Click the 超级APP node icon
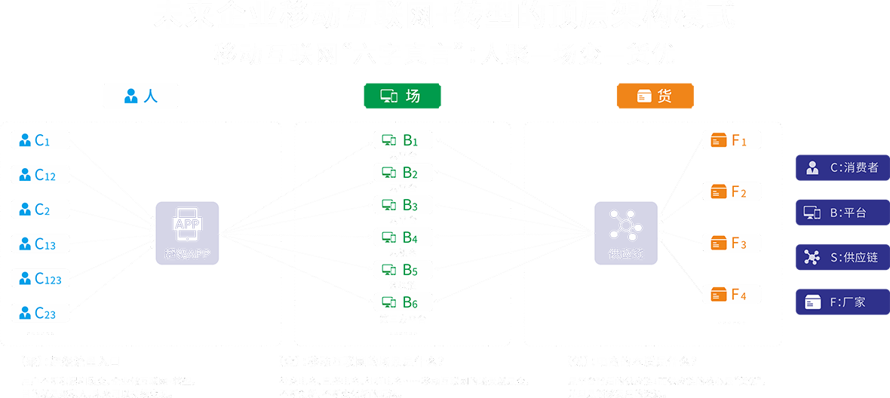click(x=187, y=232)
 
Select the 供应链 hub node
click(x=625, y=232)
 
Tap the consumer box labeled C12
click(x=40, y=175)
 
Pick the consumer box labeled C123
click(x=40, y=278)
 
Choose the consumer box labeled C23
click(x=40, y=313)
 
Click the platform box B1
click(x=404, y=139)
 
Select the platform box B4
click(x=404, y=237)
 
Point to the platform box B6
click(x=404, y=302)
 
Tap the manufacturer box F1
click(x=731, y=140)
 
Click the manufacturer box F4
click(x=731, y=294)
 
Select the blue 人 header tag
click(x=141, y=96)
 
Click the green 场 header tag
click(x=402, y=96)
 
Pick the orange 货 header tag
click(x=655, y=96)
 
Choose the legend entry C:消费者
click(x=842, y=167)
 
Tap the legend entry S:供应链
click(x=842, y=257)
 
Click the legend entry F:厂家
click(x=842, y=302)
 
